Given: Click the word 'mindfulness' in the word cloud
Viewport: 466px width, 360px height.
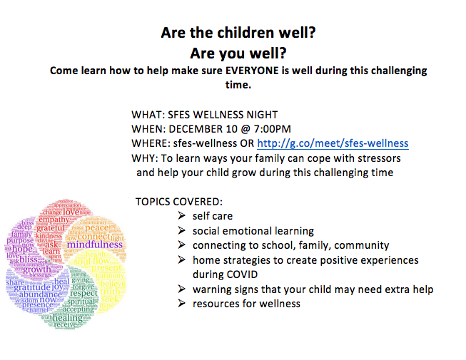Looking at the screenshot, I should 95,245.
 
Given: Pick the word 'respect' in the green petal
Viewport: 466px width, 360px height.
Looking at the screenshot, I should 83,293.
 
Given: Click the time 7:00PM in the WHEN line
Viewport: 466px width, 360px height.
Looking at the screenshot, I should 268,129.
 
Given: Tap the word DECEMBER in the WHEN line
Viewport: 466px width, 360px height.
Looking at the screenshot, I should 208,129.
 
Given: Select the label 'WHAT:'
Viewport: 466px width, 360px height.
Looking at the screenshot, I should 148,115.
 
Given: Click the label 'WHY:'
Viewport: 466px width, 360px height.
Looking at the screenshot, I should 146,158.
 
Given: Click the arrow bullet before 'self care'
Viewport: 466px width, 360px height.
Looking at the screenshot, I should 183,216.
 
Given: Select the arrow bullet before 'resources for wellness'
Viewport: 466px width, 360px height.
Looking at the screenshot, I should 183,304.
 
